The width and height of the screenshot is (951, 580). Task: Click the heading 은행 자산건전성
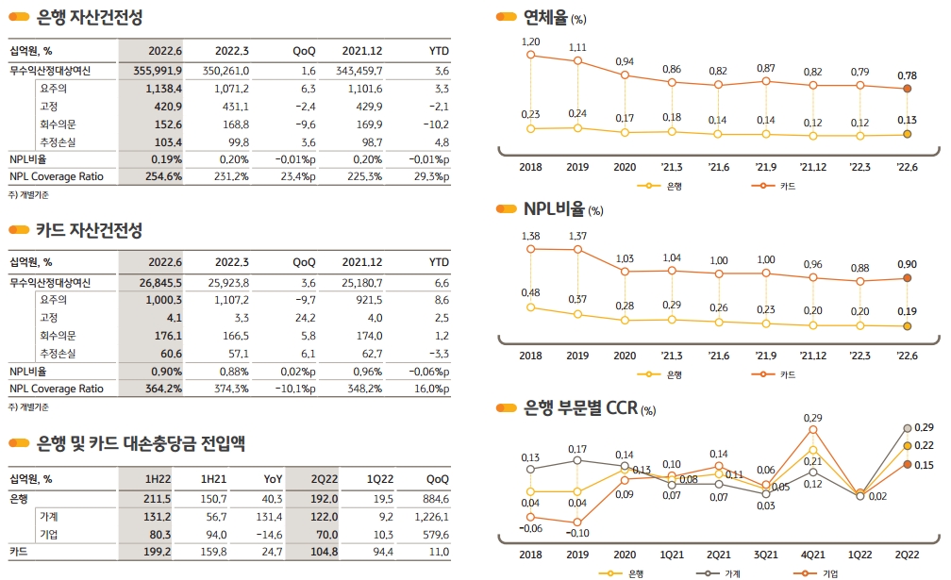pos(90,17)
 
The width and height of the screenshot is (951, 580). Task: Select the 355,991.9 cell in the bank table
pos(158,70)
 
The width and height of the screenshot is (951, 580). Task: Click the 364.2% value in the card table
pos(163,388)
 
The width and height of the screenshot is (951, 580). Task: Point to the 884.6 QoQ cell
pos(436,499)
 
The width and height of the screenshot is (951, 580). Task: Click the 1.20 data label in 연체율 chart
pos(530,42)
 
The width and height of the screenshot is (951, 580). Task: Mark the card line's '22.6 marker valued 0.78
pos(907,89)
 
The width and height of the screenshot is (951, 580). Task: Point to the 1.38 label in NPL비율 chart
pos(530,236)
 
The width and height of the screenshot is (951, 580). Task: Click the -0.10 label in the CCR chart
pos(577,534)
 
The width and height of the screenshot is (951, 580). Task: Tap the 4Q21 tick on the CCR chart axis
pos(812,555)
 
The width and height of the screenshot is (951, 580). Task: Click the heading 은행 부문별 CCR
pos(581,408)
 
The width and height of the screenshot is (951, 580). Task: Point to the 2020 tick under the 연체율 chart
pos(625,167)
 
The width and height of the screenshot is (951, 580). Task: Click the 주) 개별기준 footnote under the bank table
pos(27,194)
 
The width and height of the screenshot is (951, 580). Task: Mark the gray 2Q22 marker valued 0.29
pos(907,428)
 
